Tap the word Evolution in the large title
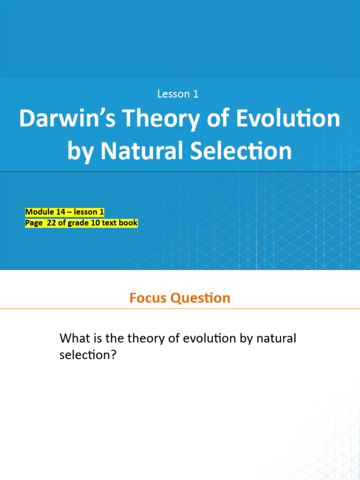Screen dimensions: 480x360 (x=288, y=119)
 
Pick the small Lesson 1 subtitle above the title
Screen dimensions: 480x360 (x=178, y=94)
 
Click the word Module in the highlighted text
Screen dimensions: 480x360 (x=39, y=212)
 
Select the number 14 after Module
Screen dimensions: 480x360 (x=61, y=212)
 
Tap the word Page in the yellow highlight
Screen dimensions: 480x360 (x=34, y=223)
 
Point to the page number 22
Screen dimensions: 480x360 (x=51, y=223)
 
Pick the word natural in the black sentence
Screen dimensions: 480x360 (x=277, y=338)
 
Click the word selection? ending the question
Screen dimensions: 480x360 (x=87, y=355)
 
